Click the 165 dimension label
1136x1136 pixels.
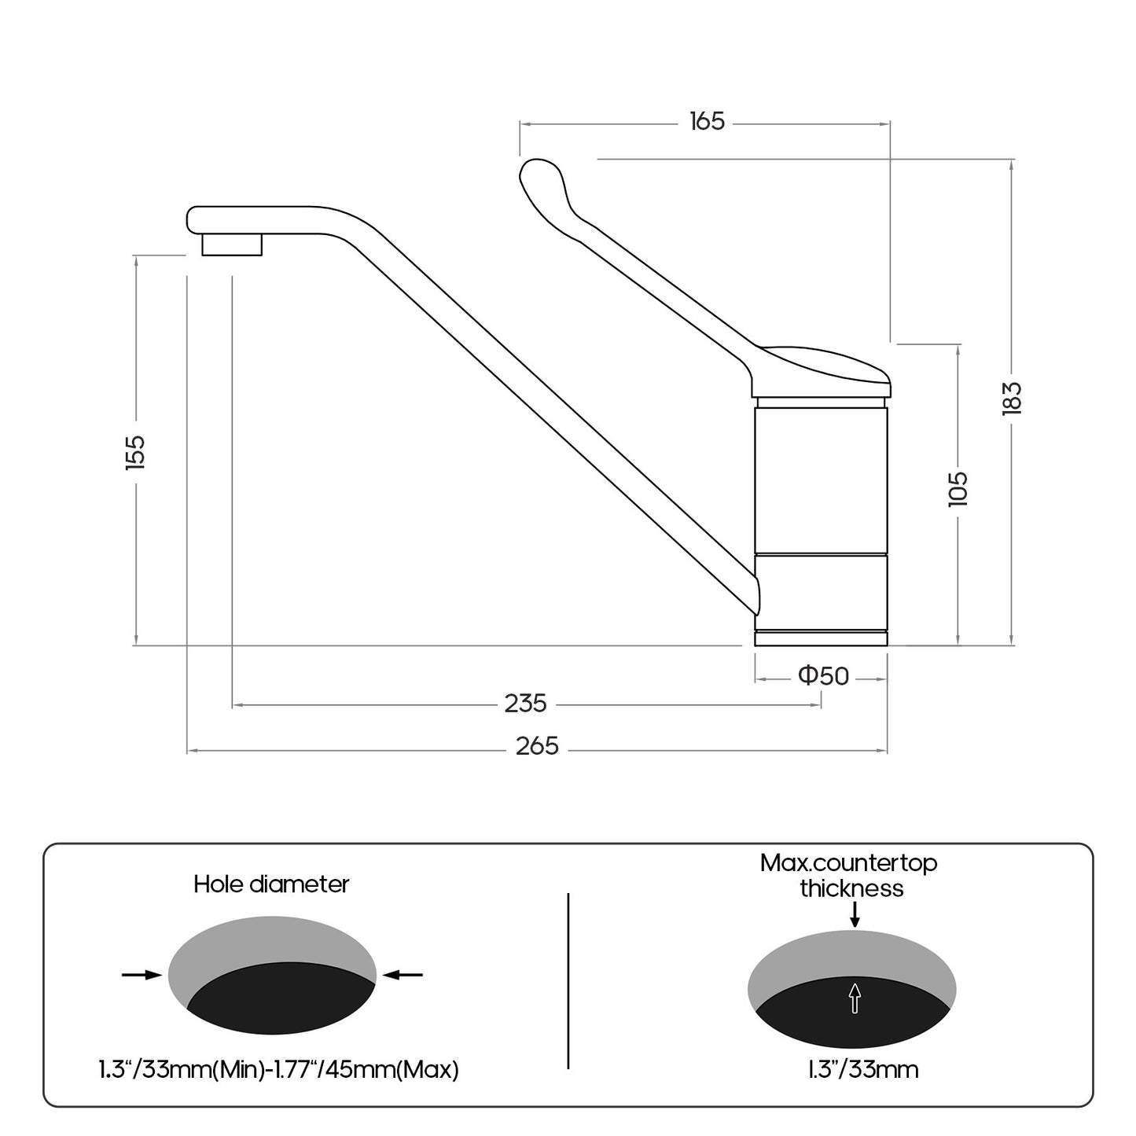click(707, 121)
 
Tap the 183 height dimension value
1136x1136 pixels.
click(1012, 399)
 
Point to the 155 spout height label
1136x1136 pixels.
click(135, 452)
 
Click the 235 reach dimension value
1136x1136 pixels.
click(525, 704)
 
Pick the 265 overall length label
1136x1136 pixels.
click(537, 746)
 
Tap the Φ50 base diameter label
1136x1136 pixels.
click(823, 675)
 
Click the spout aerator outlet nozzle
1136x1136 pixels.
click(232, 244)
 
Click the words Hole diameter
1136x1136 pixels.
click(271, 884)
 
